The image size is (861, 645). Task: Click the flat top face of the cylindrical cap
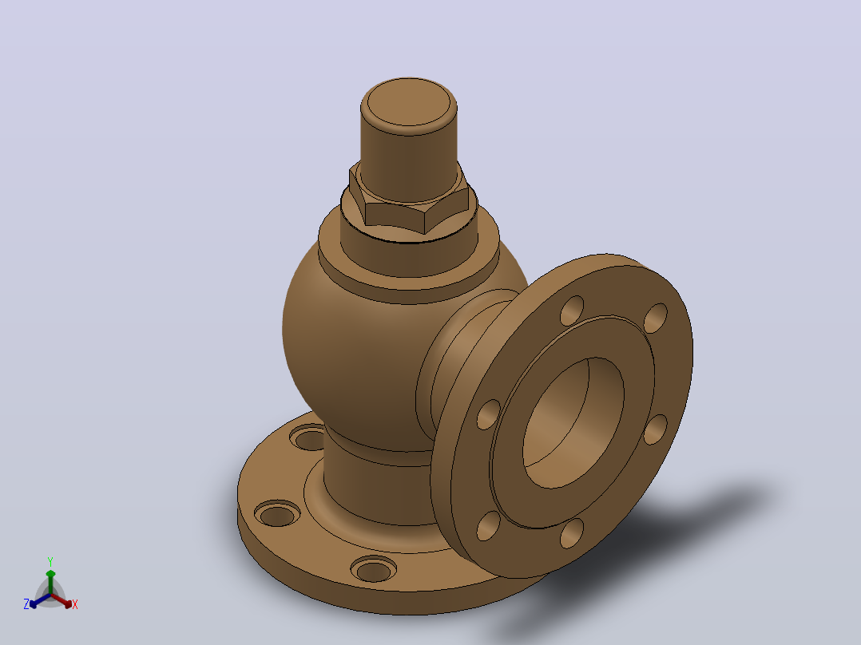(409, 103)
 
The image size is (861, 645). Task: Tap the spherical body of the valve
(351, 351)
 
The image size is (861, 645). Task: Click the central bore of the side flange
(573, 422)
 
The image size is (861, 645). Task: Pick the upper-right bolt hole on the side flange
(655, 318)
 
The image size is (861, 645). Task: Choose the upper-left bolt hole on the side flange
(572, 311)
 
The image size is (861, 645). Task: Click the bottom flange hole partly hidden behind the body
(308, 438)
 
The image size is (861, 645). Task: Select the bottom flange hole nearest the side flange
(374, 570)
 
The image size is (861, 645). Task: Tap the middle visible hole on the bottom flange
(277, 514)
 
